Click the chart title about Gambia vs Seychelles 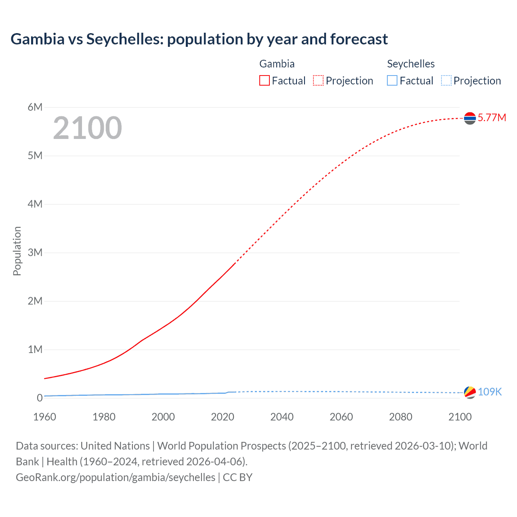[x=199, y=39]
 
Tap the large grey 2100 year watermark [x=87, y=128]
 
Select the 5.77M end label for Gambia [x=492, y=118]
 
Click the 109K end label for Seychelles [x=490, y=392]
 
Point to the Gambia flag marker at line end [x=470, y=118]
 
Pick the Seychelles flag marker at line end [x=470, y=392]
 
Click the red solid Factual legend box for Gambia [x=265, y=81]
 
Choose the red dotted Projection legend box [x=318, y=81]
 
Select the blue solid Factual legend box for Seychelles [x=392, y=81]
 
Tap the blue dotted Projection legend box [x=446, y=81]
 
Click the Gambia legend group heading [x=277, y=64]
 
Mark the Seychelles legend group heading [x=411, y=64]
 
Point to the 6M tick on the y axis [x=35, y=107]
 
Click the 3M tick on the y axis [x=35, y=252]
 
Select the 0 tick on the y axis [x=40, y=398]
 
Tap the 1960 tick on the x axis [x=44, y=417]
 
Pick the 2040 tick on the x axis [x=282, y=417]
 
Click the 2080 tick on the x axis [x=401, y=417]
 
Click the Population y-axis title [x=17, y=251]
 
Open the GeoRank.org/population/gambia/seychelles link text [x=116, y=477]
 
